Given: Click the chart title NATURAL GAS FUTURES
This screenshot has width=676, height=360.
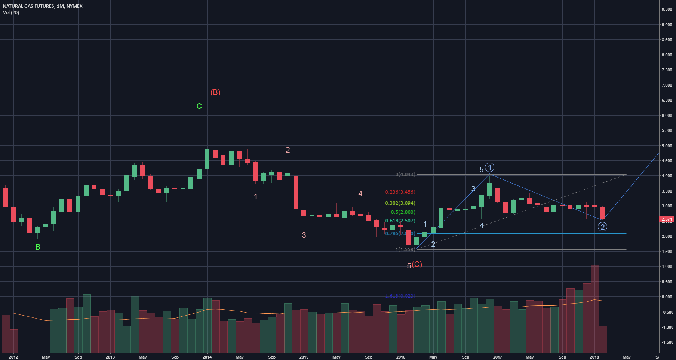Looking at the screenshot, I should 28,6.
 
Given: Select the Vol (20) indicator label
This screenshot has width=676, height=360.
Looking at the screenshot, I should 11,13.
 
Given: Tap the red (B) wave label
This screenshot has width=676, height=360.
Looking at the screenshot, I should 215,92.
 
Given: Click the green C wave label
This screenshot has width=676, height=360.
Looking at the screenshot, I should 199,106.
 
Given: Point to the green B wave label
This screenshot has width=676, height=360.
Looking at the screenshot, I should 38,247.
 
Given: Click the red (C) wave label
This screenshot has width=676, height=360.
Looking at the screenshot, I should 417,264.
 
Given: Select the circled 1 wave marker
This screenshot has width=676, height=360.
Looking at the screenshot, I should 489,167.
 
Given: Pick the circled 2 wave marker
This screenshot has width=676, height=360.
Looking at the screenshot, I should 602,227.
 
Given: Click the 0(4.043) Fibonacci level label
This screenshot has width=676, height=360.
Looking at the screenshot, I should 405,175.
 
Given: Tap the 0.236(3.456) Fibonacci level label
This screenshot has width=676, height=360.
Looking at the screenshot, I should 400,192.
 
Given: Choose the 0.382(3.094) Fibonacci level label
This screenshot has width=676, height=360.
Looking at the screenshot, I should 400,203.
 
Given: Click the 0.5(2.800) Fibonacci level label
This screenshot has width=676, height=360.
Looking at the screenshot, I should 403,212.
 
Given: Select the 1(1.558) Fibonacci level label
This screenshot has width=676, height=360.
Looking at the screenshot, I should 405,249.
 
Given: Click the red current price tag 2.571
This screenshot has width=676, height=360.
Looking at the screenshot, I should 667,219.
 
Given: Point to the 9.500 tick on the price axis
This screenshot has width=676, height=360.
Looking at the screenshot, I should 667,10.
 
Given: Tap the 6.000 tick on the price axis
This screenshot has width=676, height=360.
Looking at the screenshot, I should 667,116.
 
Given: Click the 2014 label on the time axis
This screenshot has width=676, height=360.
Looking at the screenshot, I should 207,357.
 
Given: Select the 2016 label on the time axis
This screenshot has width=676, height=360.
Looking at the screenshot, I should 401,357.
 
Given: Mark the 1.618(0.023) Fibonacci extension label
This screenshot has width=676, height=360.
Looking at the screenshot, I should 400,296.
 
